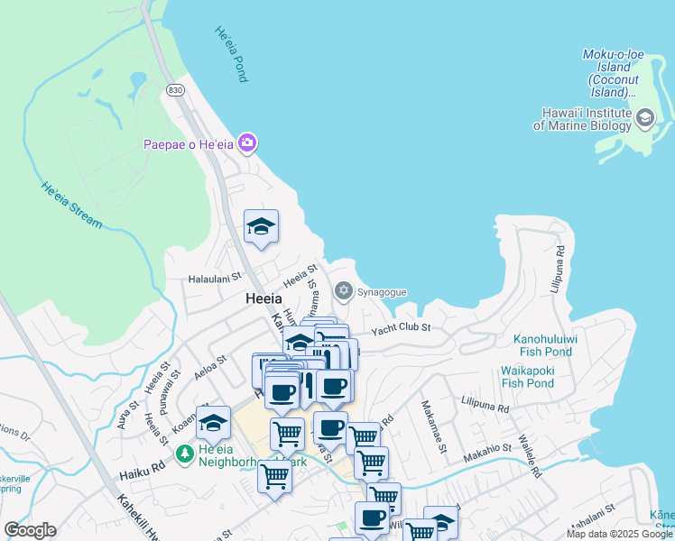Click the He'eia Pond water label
click(x=230, y=54)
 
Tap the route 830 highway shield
click(x=175, y=90)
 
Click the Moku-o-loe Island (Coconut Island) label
click(x=614, y=73)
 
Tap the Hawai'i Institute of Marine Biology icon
click(x=645, y=118)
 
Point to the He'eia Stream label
click(x=71, y=204)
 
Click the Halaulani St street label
click(x=215, y=279)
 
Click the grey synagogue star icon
click(x=343, y=290)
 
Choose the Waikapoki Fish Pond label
click(x=528, y=377)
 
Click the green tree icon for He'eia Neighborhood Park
click(x=184, y=453)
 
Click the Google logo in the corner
click(x=30, y=530)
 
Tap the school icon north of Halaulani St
click(x=261, y=226)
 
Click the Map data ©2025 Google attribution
click(x=620, y=534)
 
